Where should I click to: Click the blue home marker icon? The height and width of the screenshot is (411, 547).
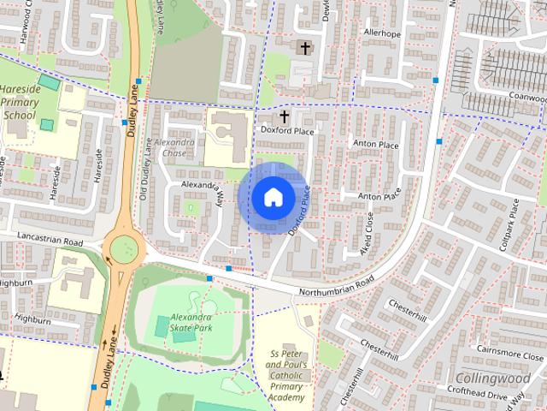(x=273, y=198)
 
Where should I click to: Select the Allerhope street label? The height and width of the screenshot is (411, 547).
(x=382, y=33)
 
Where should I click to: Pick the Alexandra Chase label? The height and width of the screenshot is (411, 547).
(x=176, y=146)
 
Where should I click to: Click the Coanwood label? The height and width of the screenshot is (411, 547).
(x=526, y=96)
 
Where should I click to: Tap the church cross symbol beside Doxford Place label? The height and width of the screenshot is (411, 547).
(x=285, y=116)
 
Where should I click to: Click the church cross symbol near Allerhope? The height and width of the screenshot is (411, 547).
(x=303, y=47)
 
